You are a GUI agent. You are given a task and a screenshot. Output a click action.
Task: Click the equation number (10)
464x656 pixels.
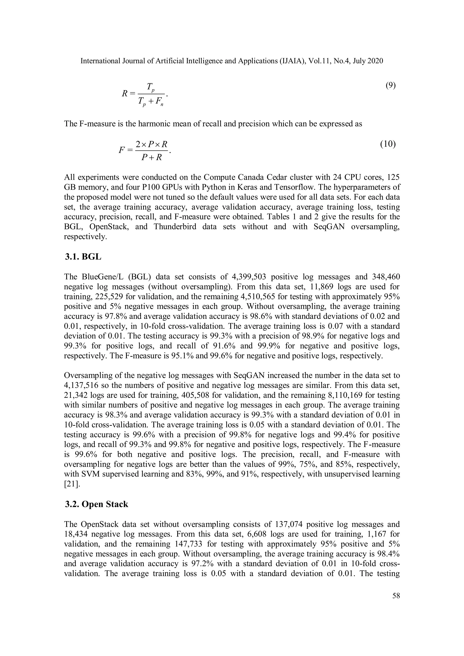388,144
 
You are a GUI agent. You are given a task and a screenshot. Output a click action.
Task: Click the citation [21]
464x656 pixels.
70,484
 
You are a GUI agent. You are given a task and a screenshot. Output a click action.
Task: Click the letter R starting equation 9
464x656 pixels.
125,93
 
